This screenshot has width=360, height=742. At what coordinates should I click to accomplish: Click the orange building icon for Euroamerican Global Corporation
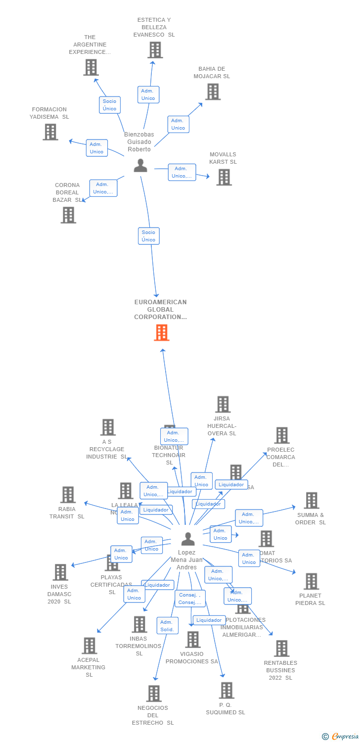coord(162,332)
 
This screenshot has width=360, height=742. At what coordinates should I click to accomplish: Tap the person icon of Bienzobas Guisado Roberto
coord(140,165)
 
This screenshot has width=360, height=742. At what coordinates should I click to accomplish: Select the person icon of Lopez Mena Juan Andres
coord(188,539)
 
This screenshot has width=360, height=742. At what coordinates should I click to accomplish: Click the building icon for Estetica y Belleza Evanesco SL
coord(155,50)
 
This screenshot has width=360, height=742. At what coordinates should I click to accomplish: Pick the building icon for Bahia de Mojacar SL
coord(213,92)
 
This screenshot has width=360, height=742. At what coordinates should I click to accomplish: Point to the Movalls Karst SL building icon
coord(224,177)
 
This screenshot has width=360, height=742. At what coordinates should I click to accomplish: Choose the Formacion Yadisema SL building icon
coord(50,132)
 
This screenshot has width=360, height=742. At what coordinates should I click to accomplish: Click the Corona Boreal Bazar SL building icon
coord(68,215)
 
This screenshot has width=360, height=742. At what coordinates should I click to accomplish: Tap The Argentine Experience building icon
coord(90,67)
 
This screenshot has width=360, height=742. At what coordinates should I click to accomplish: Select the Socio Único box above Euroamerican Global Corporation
coord(148,236)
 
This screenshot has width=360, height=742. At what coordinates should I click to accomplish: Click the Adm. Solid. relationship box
coord(167,626)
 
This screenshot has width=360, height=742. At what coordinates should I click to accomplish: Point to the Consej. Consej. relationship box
coord(190,599)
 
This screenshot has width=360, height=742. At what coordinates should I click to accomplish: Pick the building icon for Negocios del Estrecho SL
coord(154,693)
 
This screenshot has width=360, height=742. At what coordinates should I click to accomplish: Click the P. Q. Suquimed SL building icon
coord(226,690)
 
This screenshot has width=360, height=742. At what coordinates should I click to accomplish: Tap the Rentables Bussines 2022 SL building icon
coord(281,648)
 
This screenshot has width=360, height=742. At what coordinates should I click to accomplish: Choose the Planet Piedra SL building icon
coord(311,581)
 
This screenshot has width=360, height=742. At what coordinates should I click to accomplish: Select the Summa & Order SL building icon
coord(311,501)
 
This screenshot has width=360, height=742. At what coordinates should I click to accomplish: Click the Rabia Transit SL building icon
coord(68,495)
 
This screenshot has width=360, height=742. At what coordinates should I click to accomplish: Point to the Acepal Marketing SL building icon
coord(89,646)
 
